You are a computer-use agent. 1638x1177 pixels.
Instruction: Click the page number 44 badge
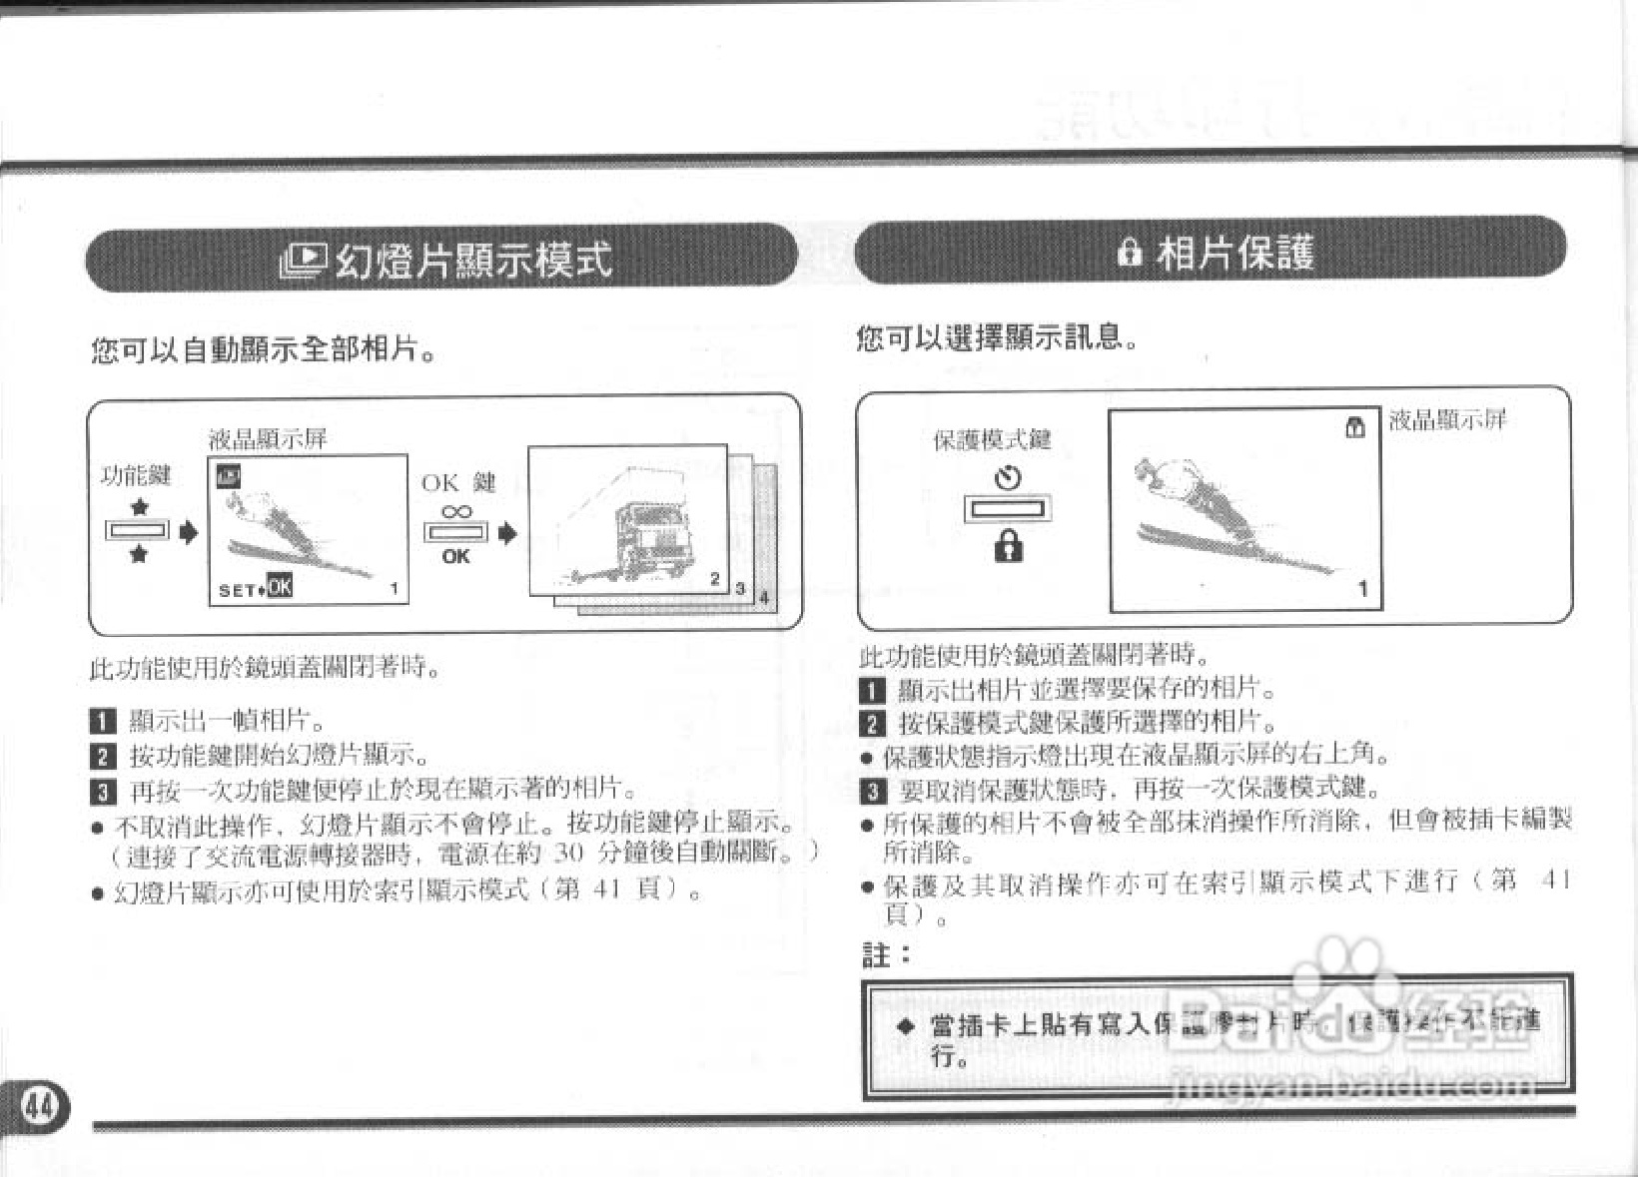tap(39, 1106)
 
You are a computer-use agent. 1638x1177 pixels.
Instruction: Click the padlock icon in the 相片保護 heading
tap(1129, 254)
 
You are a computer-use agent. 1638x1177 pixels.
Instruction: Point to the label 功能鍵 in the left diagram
tap(137, 476)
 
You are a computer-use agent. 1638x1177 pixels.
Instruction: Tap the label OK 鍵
tap(458, 483)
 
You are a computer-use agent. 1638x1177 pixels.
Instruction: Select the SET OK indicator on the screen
tap(256, 588)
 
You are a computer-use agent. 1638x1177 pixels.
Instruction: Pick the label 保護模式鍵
tap(992, 439)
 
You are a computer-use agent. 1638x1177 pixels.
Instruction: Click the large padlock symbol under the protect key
tap(1009, 546)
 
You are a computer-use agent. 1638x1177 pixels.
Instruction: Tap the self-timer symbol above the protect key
tap(1008, 478)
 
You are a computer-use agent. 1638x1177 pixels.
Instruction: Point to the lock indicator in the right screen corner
tap(1354, 428)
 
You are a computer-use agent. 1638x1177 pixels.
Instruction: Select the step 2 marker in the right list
tap(872, 723)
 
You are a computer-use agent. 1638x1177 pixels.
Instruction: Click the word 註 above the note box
tap(876, 955)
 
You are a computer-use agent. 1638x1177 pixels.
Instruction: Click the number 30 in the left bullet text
tap(567, 855)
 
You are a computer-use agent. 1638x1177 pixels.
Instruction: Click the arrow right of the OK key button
tap(507, 534)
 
